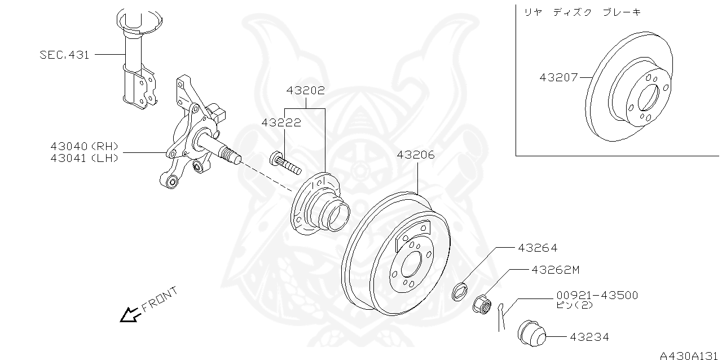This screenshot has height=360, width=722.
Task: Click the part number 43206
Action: tap(416, 155)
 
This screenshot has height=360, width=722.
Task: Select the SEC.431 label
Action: tap(64, 55)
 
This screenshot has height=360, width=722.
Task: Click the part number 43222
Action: tap(280, 122)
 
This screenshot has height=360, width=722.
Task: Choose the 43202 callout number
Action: tap(305, 90)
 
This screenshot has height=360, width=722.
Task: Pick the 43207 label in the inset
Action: tap(558, 77)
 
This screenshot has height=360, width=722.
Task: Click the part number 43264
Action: tap(538, 248)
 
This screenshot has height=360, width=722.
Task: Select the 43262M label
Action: tap(555, 270)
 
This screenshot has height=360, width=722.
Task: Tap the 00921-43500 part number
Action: tap(597, 295)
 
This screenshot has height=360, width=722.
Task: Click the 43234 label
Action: tap(589, 337)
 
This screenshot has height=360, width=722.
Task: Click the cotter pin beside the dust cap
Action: tap(501, 318)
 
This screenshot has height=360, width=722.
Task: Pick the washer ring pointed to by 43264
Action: tap(460, 291)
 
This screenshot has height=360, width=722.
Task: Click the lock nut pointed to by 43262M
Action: tap(481, 303)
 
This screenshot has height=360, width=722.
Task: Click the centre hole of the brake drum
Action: tap(411, 264)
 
